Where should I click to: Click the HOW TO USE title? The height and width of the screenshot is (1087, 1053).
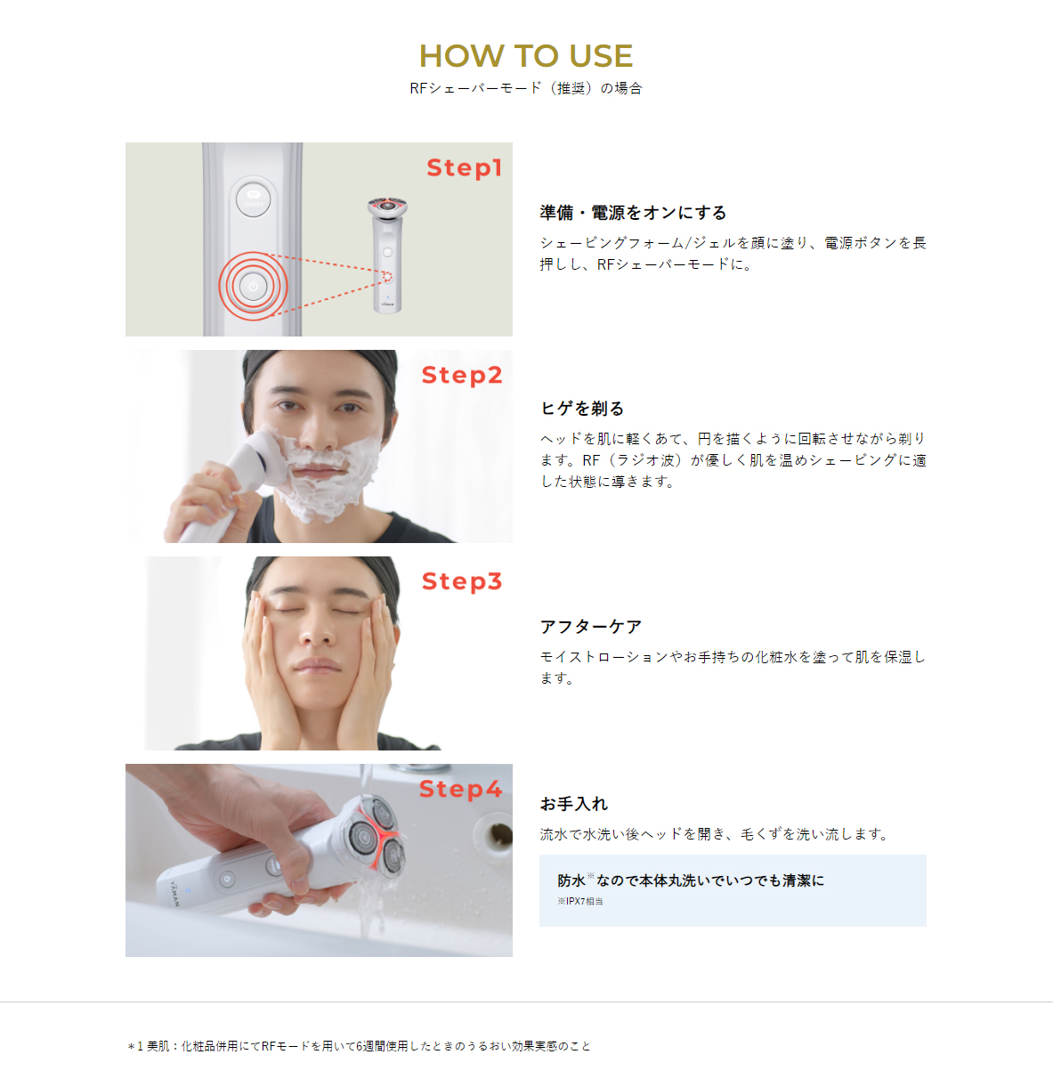[525, 56]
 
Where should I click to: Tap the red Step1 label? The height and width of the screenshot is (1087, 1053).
[464, 167]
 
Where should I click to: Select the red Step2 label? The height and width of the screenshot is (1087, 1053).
[462, 375]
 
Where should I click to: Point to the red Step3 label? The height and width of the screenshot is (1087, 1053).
[462, 581]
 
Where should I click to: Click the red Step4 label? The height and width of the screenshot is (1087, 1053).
[460, 789]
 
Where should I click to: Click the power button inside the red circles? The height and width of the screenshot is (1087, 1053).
[254, 286]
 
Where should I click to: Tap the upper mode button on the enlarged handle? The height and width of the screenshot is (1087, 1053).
[254, 198]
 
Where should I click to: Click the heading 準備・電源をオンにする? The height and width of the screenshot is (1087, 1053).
[633, 213]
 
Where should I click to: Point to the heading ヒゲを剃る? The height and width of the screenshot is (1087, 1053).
[582, 409]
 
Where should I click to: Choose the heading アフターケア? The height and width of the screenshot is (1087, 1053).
[590, 627]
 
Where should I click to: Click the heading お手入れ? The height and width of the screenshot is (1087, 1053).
[573, 804]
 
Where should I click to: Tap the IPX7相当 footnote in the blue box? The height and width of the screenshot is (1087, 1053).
[580, 902]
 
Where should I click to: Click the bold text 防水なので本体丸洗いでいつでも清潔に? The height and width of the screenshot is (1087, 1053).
[691, 880]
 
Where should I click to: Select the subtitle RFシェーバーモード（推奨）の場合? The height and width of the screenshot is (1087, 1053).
[525, 88]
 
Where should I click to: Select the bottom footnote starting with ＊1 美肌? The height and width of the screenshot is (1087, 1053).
[359, 1046]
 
